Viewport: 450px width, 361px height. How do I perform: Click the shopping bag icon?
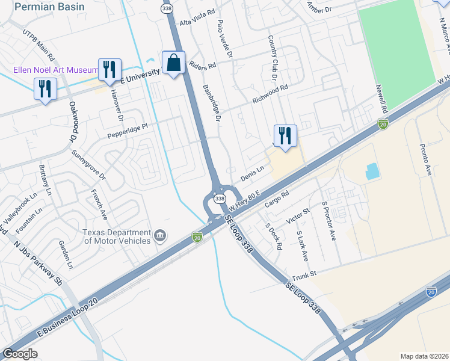pyautogui.click(x=173, y=63)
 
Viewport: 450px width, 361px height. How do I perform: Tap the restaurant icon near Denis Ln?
pyautogui.click(x=285, y=135)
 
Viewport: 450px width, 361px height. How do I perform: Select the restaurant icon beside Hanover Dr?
pyautogui.click(x=109, y=70)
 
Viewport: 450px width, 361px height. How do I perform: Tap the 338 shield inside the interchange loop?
pyautogui.click(x=220, y=199)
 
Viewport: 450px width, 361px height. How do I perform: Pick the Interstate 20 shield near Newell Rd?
pyautogui.click(x=383, y=125)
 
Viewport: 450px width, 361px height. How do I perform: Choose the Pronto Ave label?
pyautogui.click(x=425, y=159)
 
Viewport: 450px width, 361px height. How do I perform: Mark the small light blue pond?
pyautogui.click(x=372, y=172)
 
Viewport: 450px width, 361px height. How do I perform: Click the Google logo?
pyautogui.click(x=20, y=354)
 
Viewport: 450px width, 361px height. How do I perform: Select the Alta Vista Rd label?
pyautogui.click(x=197, y=20)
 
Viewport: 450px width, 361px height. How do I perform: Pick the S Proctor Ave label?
pyautogui.click(x=328, y=221)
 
